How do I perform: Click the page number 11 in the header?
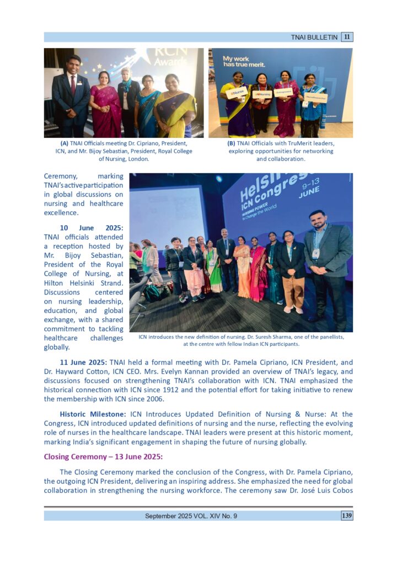(x=347, y=37)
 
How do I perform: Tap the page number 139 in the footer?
(x=347, y=516)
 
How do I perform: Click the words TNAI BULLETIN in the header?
(x=314, y=37)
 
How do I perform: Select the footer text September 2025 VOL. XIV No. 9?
(x=191, y=516)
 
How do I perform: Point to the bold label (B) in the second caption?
(x=231, y=143)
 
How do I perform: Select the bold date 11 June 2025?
(x=84, y=363)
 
